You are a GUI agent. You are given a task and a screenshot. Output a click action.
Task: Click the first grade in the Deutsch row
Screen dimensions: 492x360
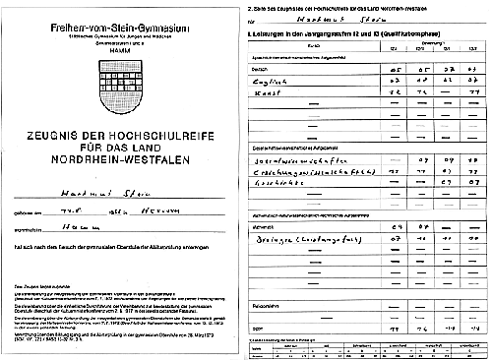[x=397, y=71]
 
